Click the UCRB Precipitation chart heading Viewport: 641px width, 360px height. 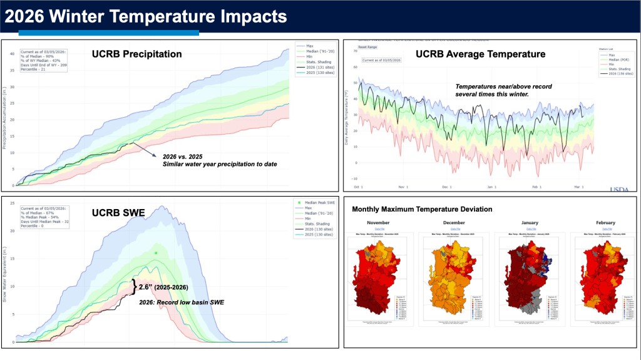point(137,54)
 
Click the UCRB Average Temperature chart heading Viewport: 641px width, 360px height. point(480,54)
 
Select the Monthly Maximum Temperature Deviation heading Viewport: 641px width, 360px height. point(422,209)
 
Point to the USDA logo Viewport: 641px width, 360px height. point(619,189)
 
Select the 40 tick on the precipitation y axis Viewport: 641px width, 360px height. point(11,53)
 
